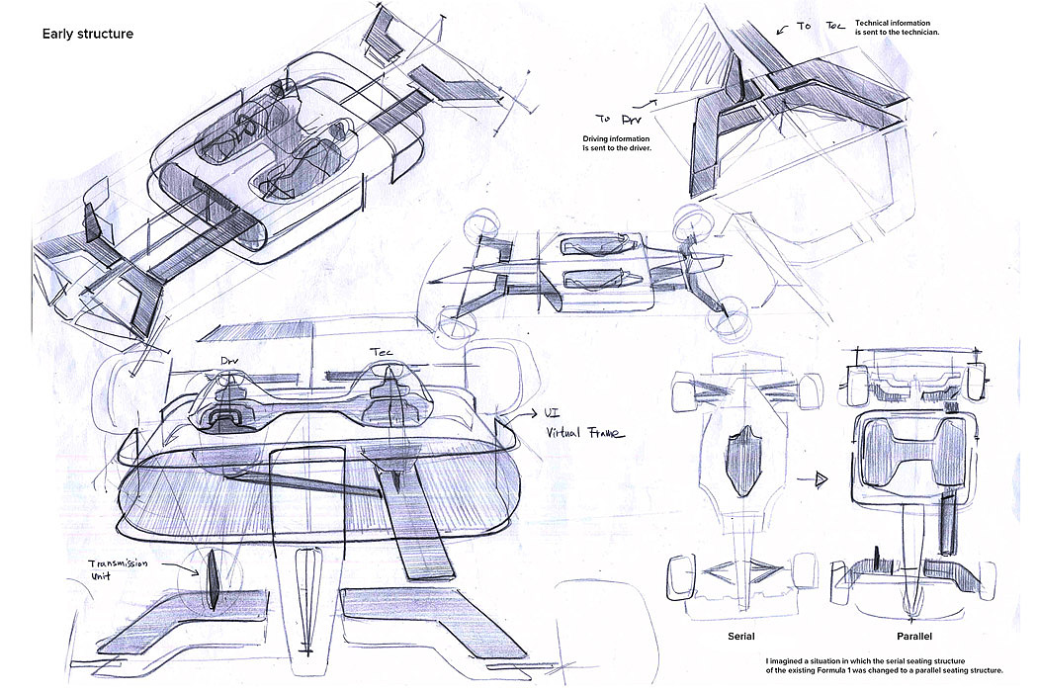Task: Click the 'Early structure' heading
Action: coord(87,35)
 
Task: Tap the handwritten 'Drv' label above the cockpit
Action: coord(229,362)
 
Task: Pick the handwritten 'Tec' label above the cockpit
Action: coord(382,353)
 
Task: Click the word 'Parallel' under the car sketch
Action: coord(915,637)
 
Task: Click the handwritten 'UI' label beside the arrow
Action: coord(554,414)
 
